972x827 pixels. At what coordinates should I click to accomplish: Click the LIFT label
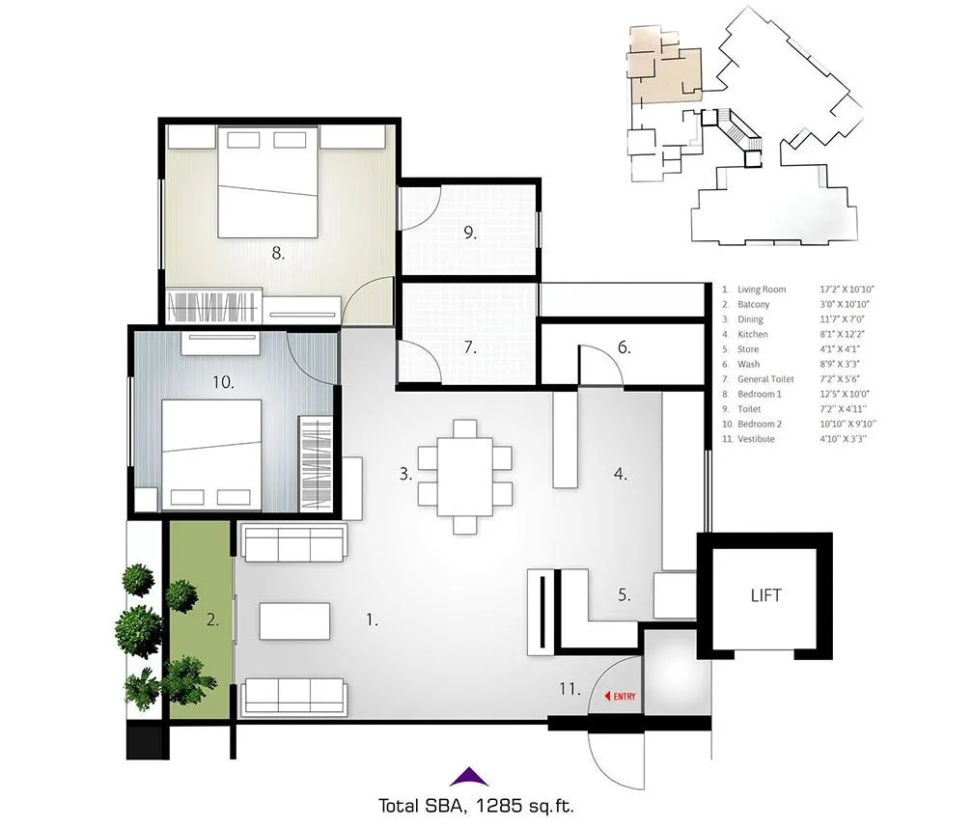click(765, 595)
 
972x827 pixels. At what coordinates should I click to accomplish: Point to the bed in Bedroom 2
click(211, 452)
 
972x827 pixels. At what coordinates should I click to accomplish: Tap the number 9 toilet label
click(470, 233)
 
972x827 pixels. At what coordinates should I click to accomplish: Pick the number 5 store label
click(625, 595)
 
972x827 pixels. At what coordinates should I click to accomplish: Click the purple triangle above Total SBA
click(467, 774)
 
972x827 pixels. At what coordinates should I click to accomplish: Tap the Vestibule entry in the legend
click(756, 439)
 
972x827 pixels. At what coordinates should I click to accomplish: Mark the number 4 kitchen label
click(622, 474)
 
